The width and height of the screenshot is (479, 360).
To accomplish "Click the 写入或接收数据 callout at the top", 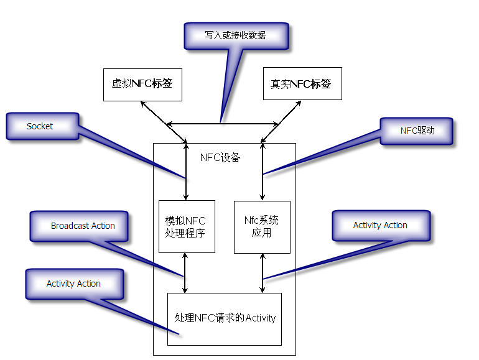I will tap(236, 35).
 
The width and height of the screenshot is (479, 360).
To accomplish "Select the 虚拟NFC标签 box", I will tap(142, 84).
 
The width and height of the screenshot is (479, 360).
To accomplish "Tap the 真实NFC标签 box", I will tap(302, 84).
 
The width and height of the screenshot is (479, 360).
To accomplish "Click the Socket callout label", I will tap(41, 126).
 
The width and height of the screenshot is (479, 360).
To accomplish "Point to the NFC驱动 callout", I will tap(417, 131).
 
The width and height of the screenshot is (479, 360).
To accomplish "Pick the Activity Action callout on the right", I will tap(380, 225).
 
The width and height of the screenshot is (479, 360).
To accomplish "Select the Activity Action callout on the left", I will tap(73, 284).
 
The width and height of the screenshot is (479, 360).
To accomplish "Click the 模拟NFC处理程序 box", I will tap(187, 226).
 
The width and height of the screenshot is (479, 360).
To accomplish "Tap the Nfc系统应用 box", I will tap(262, 226).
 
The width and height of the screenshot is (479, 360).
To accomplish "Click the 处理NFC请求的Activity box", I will tap(225, 318).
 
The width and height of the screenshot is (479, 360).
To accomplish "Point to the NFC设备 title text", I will tap(220, 158).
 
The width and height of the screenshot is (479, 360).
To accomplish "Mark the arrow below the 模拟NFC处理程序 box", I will tap(185, 281).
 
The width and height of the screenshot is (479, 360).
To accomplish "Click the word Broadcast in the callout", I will tap(70, 226).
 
